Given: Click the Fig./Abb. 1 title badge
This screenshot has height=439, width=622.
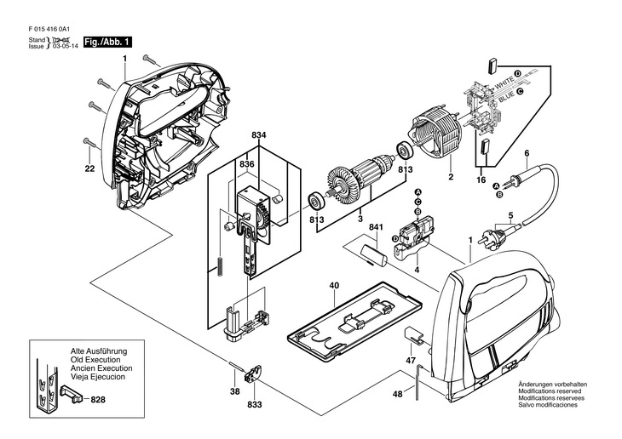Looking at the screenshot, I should [x=107, y=41].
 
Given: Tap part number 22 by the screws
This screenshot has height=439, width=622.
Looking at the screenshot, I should [x=89, y=169].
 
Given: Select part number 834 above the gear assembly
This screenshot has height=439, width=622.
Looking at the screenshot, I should [x=258, y=135].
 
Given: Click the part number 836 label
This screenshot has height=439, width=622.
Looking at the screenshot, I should [x=246, y=163].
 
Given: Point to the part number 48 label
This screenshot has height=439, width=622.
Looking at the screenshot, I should [x=397, y=394].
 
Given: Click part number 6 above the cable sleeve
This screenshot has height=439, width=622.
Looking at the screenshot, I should [x=527, y=153].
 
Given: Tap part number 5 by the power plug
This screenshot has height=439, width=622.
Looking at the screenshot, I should [x=510, y=216].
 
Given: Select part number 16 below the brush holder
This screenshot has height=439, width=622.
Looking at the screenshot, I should [x=480, y=181].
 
